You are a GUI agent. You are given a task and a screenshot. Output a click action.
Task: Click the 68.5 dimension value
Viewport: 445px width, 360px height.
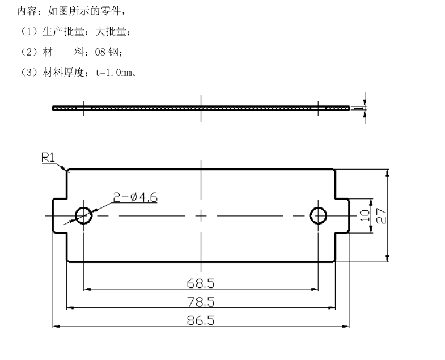[x=201, y=282]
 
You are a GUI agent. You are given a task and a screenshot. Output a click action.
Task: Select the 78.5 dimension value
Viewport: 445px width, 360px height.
[x=201, y=301]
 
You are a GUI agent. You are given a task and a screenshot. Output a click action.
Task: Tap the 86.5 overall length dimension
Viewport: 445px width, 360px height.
[x=201, y=320]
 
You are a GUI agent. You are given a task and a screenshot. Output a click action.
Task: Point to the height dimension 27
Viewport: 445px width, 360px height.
[x=381, y=215]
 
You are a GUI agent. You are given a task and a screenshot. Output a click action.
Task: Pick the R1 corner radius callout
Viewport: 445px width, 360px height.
[x=49, y=158]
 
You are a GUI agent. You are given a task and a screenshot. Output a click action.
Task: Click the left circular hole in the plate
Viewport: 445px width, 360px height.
[x=83, y=215]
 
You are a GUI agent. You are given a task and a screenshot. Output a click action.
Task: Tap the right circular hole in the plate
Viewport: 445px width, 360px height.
[x=318, y=215]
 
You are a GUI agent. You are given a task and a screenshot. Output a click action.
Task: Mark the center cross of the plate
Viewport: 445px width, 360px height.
[x=201, y=215]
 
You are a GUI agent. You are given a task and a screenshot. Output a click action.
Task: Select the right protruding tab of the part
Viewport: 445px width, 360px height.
[x=342, y=215]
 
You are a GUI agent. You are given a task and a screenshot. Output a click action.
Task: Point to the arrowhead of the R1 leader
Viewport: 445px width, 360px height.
[x=67, y=169]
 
